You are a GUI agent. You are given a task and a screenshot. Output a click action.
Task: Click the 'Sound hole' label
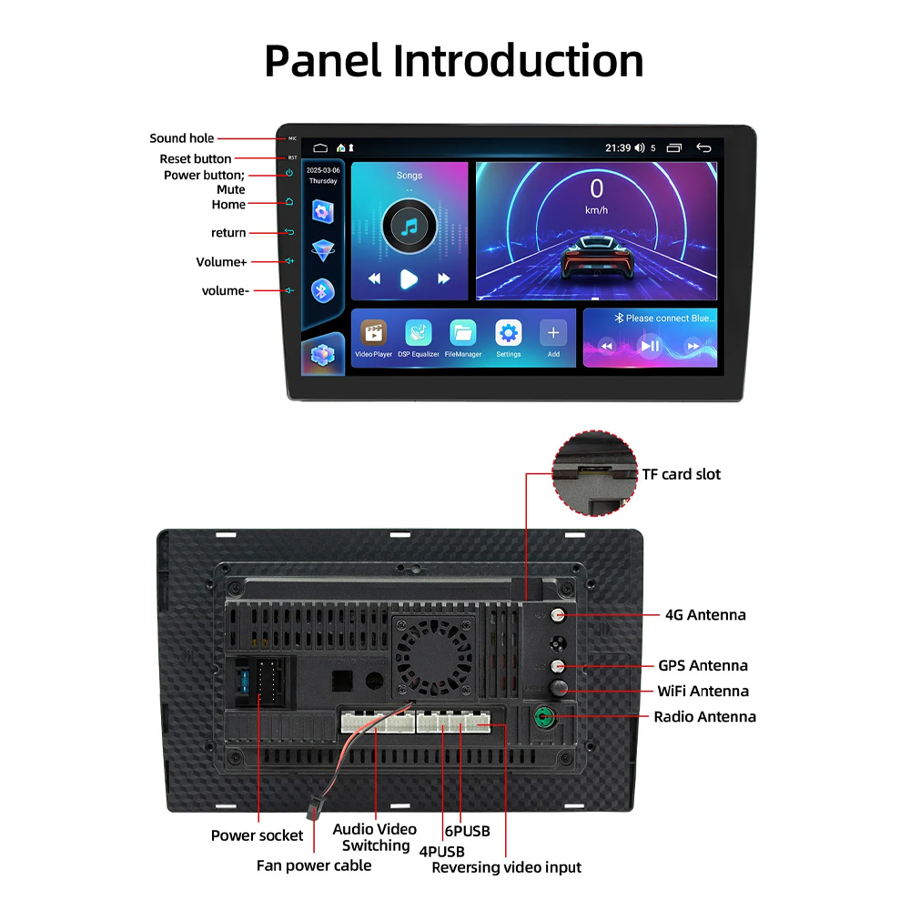click(182, 138)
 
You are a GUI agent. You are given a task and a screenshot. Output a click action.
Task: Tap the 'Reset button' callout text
click(196, 159)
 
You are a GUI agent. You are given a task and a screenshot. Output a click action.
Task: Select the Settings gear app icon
click(508, 333)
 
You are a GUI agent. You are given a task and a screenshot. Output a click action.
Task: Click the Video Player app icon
click(373, 333)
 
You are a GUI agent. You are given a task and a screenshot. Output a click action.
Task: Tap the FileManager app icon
click(463, 333)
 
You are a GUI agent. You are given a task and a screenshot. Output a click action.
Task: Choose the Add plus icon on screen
click(553, 333)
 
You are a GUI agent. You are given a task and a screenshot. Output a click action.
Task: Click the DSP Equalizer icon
click(419, 333)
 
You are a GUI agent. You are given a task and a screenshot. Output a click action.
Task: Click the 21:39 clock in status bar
click(618, 147)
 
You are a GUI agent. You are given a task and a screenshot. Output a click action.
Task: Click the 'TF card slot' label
click(682, 474)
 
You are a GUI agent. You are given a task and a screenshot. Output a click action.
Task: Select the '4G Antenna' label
click(705, 615)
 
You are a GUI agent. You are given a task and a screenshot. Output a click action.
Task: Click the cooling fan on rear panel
click(433, 651)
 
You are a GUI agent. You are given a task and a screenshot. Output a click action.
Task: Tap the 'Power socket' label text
click(257, 835)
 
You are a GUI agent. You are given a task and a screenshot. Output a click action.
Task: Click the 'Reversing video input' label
click(506, 867)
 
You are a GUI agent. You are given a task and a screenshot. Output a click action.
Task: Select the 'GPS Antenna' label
click(703, 665)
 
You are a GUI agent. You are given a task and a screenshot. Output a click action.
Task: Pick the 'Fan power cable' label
click(314, 865)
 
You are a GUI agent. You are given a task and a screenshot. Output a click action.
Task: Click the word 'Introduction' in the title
click(519, 61)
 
